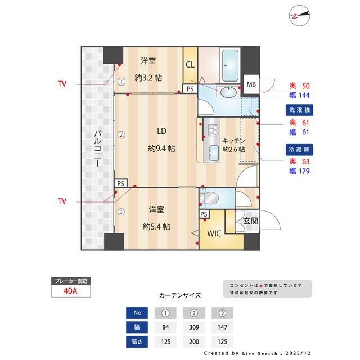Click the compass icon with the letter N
[300, 16]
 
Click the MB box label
[250, 84]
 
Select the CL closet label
[190, 65]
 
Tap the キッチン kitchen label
[233, 141]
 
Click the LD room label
[161, 132]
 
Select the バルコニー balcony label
[97, 149]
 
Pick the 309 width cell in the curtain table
[195, 327]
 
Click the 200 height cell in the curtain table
[195, 341]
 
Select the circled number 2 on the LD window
[120, 134]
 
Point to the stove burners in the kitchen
[213, 130]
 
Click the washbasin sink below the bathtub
[228, 93]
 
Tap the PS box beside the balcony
[120, 183]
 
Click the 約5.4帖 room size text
[156, 227]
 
